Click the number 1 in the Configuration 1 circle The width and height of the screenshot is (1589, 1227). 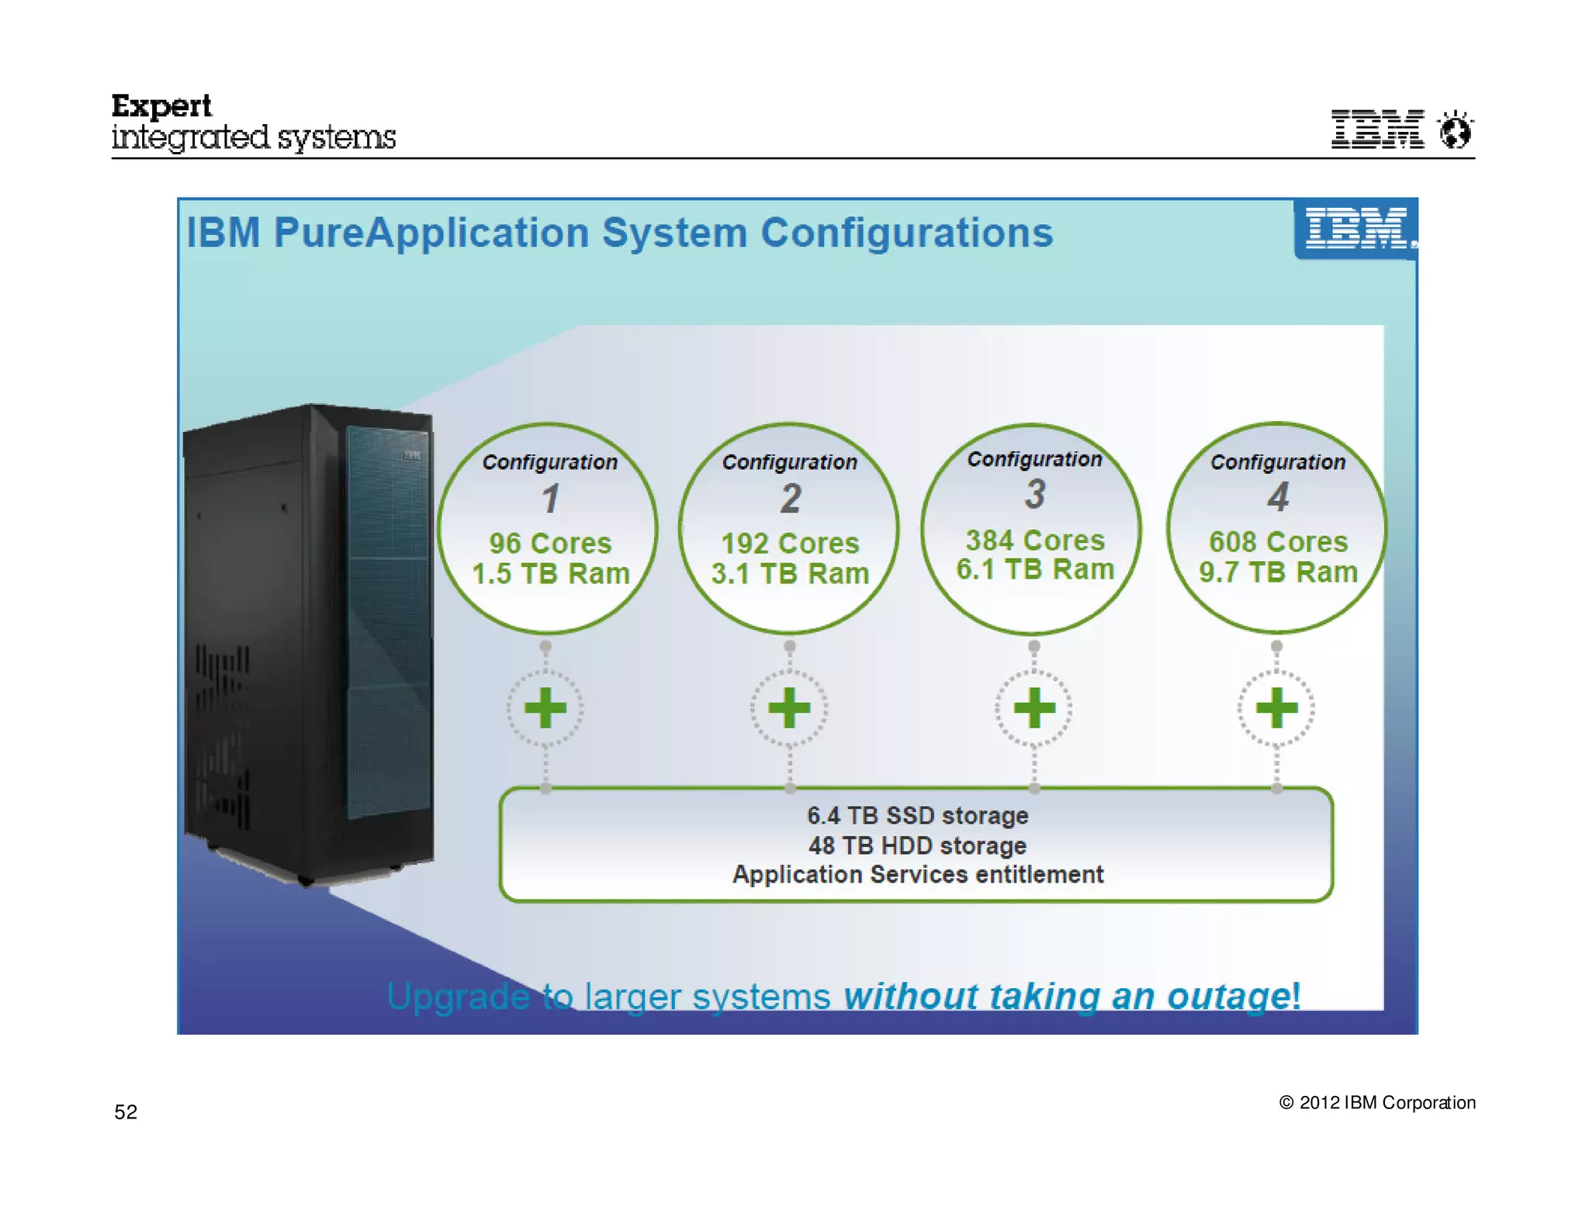tap(550, 499)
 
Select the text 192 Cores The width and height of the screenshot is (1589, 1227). tap(790, 543)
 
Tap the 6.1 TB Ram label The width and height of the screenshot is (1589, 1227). tap(1034, 569)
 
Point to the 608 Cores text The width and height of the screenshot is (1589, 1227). tap(1278, 541)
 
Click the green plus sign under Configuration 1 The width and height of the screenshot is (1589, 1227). tap(545, 708)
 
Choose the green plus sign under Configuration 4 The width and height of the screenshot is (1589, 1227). tap(1276, 708)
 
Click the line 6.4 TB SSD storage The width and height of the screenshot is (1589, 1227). tap(917, 816)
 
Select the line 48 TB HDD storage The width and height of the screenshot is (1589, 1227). tap(917, 845)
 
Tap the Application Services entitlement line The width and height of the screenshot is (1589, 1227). tap(917, 875)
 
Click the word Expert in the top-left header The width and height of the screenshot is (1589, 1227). tap(161, 106)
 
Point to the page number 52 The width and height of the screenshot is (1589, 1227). tap(126, 1112)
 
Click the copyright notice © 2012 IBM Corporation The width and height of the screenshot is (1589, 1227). tap(1376, 1103)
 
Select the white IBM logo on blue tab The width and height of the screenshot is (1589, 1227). tap(1355, 229)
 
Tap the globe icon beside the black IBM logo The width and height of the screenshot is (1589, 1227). tap(1455, 130)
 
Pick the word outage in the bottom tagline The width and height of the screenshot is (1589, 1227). tap(1229, 997)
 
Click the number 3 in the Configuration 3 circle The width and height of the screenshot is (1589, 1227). tap(1035, 495)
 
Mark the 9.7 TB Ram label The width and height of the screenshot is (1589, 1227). tap(1278, 572)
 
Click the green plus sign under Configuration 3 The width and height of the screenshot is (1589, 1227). tap(1034, 708)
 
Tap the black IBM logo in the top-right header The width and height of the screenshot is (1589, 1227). tap(1377, 130)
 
